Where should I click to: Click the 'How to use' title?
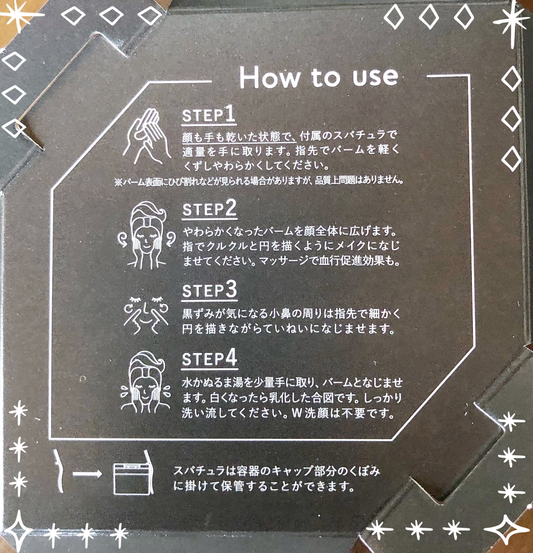pyautogui.click(x=319, y=77)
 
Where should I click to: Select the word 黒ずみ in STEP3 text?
pyautogui.click(x=199, y=314)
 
